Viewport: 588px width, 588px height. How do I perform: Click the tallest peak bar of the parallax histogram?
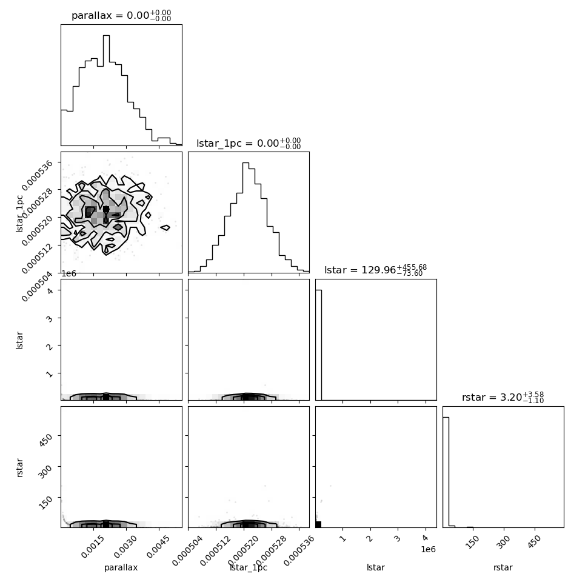point(106,90)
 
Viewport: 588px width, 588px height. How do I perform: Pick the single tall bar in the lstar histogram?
point(318,345)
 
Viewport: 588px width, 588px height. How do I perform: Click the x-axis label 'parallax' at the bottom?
point(121,567)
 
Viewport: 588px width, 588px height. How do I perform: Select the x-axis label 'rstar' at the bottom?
point(503,567)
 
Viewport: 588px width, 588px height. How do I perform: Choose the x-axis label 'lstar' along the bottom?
point(376,567)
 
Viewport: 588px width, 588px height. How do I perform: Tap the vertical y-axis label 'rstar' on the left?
point(19,467)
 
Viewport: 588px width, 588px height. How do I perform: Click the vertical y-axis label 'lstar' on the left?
point(19,341)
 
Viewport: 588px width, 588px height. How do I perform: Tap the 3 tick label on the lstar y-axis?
point(49,319)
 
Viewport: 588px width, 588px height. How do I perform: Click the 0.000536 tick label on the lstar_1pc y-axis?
point(37,176)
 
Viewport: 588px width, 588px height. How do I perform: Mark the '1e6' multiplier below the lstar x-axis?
point(428,549)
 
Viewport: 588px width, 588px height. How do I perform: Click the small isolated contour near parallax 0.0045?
point(165,227)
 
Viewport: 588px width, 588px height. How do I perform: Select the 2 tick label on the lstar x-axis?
point(370,538)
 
